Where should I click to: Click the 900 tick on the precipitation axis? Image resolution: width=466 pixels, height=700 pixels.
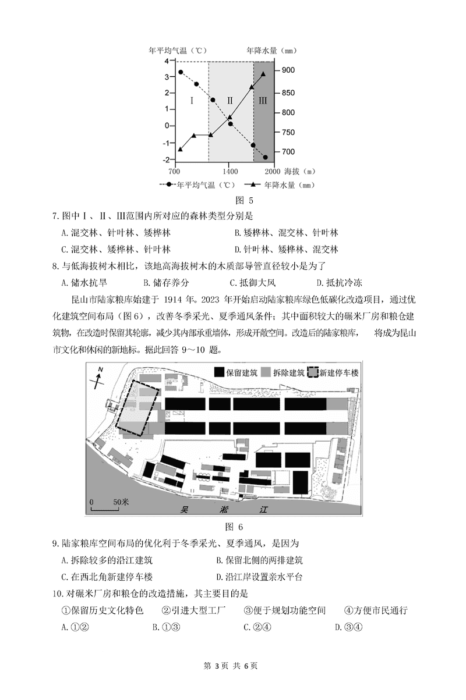pyautogui.click(x=288, y=70)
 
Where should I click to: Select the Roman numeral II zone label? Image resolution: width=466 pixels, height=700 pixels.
pyautogui.click(x=230, y=101)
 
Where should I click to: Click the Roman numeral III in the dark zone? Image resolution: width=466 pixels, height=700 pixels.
pyautogui.click(x=263, y=101)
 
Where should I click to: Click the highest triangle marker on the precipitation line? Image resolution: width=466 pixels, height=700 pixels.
pyautogui.click(x=263, y=74)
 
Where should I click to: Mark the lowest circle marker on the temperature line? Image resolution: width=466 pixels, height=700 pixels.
pyautogui.click(x=265, y=157)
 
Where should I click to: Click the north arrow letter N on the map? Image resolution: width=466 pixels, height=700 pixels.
pyautogui.click(x=100, y=370)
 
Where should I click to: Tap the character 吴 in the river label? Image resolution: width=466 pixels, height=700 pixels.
pyautogui.click(x=185, y=509)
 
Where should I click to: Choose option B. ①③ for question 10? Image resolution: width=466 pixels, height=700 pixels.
pyautogui.click(x=165, y=627)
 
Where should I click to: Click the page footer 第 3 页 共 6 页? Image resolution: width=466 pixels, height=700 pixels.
pyautogui.click(x=233, y=683)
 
